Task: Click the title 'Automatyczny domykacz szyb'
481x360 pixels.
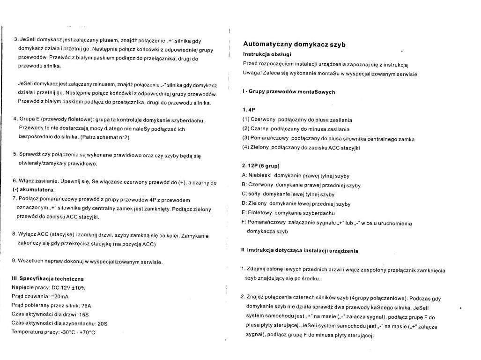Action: click(294, 45)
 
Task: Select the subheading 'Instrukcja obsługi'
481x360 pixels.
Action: click(266, 54)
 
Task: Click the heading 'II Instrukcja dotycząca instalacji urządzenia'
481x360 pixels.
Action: click(300, 250)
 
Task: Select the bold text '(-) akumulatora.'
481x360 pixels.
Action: click(33, 190)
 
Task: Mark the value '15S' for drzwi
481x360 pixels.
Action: click(83, 314)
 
